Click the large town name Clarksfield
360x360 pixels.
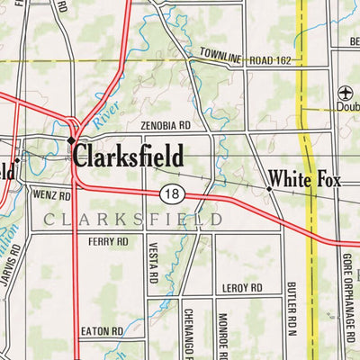[x=129, y=156]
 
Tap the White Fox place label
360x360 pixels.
[x=305, y=181]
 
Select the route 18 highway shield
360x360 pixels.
[x=173, y=193]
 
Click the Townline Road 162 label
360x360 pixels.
[x=246, y=57]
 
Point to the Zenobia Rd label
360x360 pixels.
[x=166, y=126]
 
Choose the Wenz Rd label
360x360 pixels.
[x=50, y=194]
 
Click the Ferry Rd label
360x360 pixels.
[x=108, y=242]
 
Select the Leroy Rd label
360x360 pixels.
[x=240, y=288]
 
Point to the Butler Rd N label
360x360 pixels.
[x=292, y=309]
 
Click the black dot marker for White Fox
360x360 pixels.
[x=269, y=189]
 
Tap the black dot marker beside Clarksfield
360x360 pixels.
[x=71, y=141]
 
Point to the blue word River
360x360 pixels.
[x=105, y=112]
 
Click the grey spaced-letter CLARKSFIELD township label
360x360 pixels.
[x=131, y=219]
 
